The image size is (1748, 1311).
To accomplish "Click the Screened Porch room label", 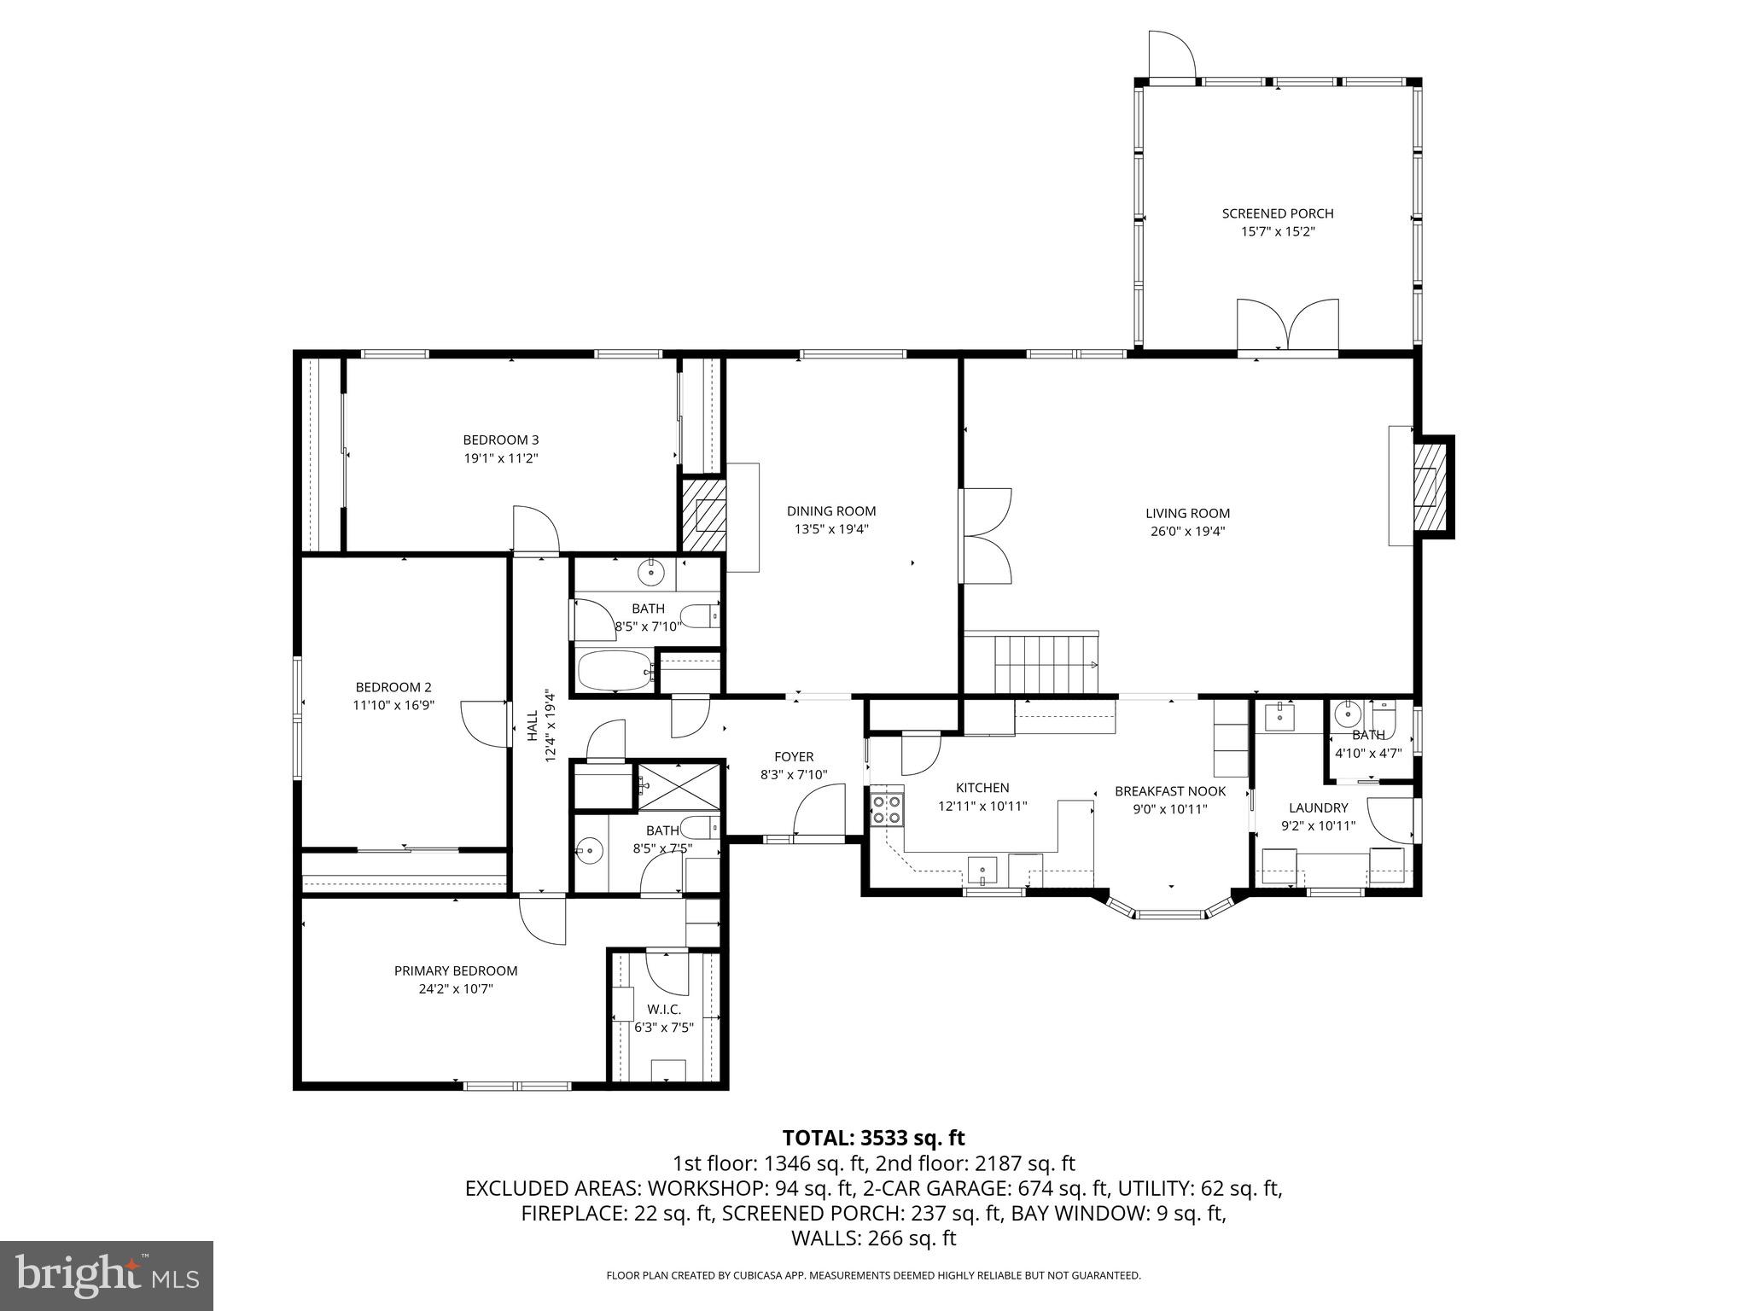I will point(1277,213).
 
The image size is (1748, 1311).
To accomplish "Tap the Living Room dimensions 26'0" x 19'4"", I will point(1187,532).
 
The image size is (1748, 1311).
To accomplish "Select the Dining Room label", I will point(830,511).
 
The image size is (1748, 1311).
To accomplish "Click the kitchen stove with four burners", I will point(887,809).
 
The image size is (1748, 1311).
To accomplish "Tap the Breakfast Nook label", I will point(1169,791).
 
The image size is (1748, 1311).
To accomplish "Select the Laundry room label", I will point(1318,807).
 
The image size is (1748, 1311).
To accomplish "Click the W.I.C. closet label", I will point(664,1009).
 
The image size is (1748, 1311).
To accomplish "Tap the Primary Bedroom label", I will point(455,970).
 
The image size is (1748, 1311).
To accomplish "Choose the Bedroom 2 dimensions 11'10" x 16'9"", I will point(393,705).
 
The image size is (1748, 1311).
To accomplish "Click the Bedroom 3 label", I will point(500,440).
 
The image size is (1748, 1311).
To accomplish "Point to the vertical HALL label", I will point(533,725).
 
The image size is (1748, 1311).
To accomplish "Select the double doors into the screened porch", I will point(1288,326).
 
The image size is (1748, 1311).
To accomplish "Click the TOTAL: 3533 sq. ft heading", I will point(873,1138).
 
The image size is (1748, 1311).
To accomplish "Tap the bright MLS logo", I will point(107,1276).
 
